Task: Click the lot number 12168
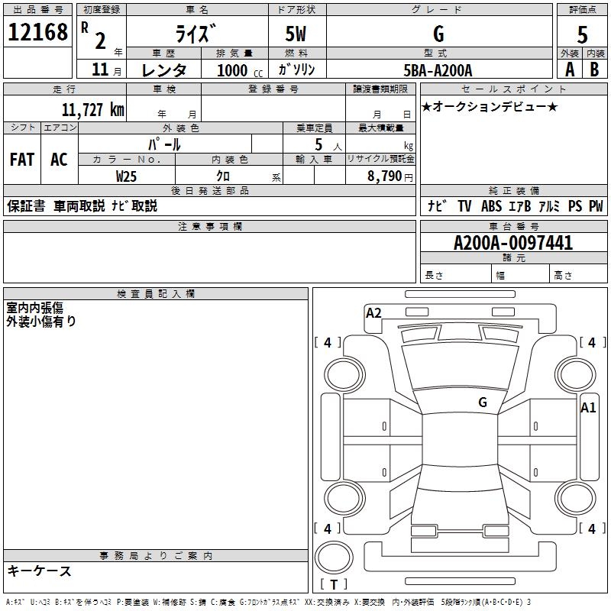click(37, 32)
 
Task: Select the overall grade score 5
click(582, 34)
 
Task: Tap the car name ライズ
click(196, 34)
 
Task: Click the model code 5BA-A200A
click(438, 70)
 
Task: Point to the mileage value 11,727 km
click(92, 110)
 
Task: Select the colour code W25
click(127, 176)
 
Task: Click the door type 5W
click(297, 34)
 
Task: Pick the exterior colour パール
click(164, 144)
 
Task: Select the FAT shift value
click(21, 160)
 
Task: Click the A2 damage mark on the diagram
click(373, 312)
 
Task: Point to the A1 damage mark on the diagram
click(587, 408)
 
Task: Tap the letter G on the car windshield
click(482, 402)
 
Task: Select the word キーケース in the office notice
click(39, 571)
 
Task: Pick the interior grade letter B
click(593, 69)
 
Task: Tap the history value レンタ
click(164, 70)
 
